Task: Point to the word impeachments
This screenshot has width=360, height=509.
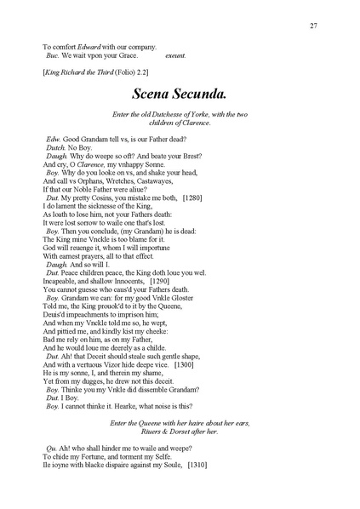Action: [x=86, y=313]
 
